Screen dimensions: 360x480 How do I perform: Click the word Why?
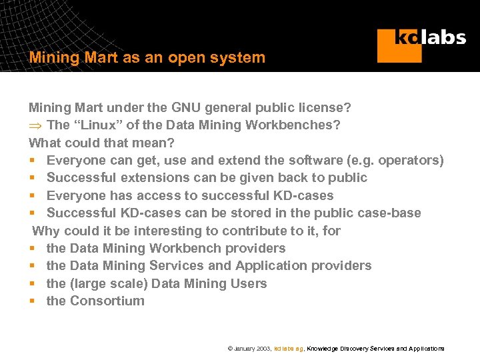[46, 231]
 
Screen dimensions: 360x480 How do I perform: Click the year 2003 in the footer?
[263, 349]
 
